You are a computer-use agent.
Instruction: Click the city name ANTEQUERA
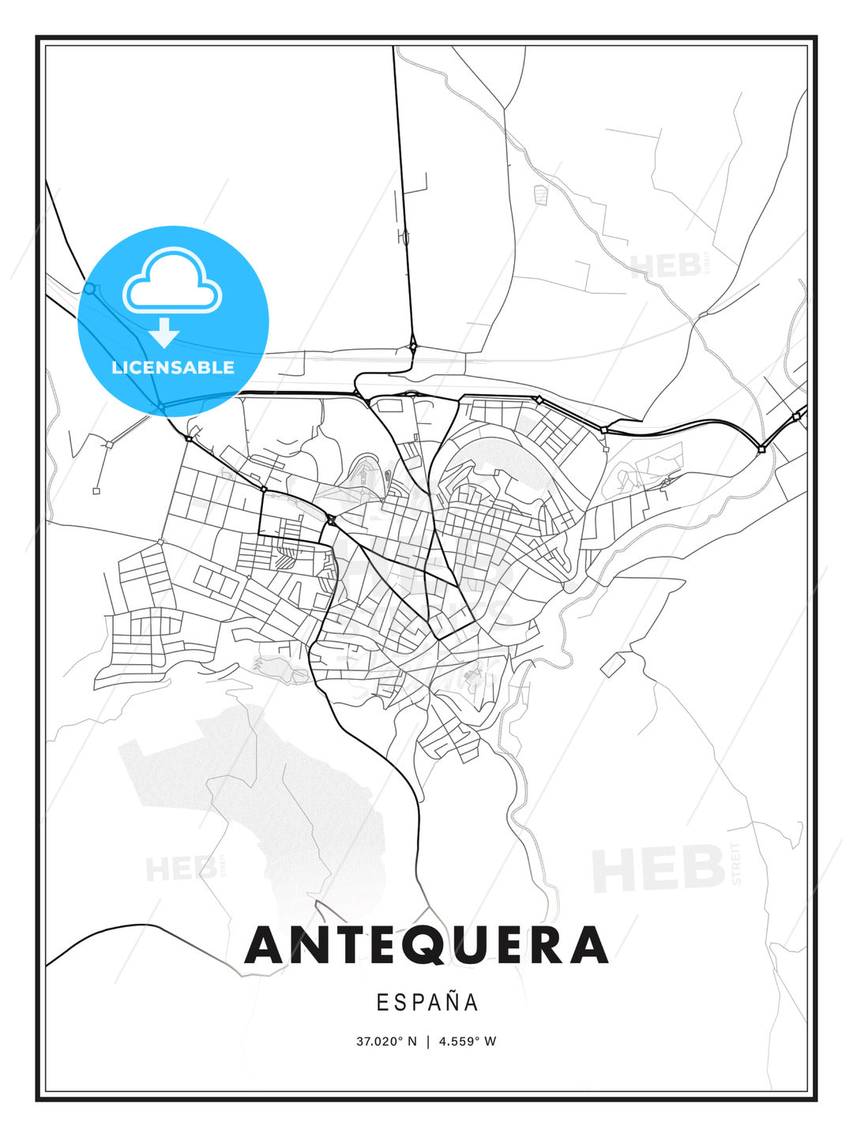click(x=426, y=945)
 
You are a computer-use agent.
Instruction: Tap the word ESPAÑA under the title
click(x=426, y=1003)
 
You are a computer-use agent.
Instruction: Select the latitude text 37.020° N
click(x=386, y=1041)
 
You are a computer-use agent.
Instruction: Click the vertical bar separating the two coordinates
click(x=427, y=1041)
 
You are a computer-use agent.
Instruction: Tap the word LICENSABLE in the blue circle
click(x=173, y=367)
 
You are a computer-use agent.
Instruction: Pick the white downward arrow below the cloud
click(x=164, y=332)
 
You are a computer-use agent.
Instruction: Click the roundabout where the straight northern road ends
click(x=413, y=345)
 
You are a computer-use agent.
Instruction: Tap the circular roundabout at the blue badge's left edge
click(x=89, y=289)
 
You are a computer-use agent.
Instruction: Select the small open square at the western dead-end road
click(x=96, y=491)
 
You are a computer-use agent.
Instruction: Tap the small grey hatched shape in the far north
click(x=540, y=194)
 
